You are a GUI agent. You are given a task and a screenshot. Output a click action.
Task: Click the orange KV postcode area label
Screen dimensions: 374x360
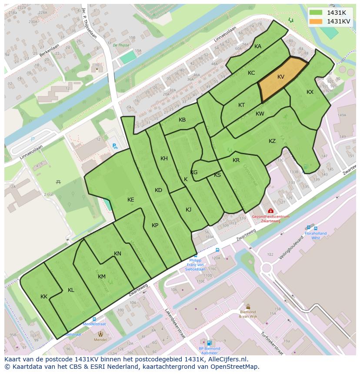[281, 77]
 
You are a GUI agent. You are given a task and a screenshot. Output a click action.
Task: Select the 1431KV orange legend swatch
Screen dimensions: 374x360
[316, 21]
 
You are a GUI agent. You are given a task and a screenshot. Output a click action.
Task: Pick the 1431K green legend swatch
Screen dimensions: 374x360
[316, 13]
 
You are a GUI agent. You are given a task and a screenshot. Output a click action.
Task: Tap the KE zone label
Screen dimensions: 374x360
[131, 200]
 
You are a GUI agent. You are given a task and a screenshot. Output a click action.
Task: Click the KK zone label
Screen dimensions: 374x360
[44, 297]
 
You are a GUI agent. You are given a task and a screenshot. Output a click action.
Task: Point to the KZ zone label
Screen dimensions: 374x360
[272, 141]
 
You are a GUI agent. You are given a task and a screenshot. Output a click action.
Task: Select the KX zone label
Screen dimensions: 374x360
[310, 92]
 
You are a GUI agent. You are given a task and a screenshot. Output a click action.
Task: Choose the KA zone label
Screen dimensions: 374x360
[258, 46]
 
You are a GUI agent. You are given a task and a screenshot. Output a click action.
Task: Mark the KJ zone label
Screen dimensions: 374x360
[188, 210]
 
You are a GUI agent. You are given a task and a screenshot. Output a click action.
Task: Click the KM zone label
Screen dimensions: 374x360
[102, 277]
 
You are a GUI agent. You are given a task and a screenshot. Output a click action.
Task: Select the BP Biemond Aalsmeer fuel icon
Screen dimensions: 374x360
[209, 343]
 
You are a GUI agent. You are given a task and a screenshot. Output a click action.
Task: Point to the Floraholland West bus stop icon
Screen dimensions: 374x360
[309, 227]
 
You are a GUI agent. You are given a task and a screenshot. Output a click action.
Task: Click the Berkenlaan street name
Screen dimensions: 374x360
[48, 52]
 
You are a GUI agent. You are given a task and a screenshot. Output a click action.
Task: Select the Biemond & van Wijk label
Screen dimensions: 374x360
[248, 314]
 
